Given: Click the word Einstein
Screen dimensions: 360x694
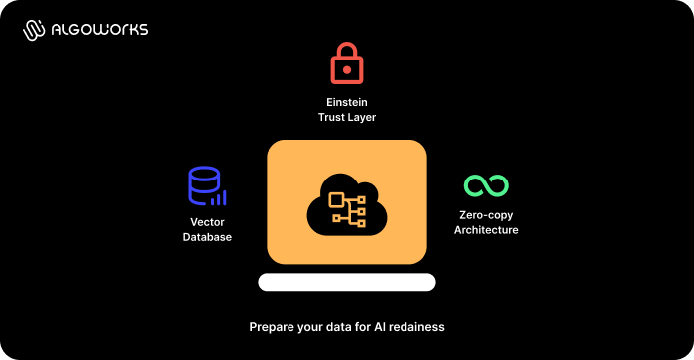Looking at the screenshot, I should coord(347,102).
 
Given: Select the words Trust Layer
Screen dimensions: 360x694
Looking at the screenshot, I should coord(347,118).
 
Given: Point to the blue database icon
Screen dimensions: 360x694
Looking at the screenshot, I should coord(204,185).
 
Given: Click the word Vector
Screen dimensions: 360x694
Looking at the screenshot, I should coord(207,221).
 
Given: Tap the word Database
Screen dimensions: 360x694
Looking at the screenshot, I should coord(207,237).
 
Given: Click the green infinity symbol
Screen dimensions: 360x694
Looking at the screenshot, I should coord(486,185).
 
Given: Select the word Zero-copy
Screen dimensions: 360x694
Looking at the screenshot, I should coord(486,214).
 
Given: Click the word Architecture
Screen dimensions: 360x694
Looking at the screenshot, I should coord(486,230).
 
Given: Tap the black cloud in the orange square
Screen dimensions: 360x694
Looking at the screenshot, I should coord(346,203).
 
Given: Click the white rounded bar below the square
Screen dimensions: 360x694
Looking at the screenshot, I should coord(346,282).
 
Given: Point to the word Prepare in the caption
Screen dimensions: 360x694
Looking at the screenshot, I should coord(271,326).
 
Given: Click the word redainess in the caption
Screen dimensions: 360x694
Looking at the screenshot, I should coord(417,326).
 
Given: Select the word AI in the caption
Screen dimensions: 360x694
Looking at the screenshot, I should coord(376,326).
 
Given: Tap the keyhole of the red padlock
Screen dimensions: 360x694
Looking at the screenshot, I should coord(346,69).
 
